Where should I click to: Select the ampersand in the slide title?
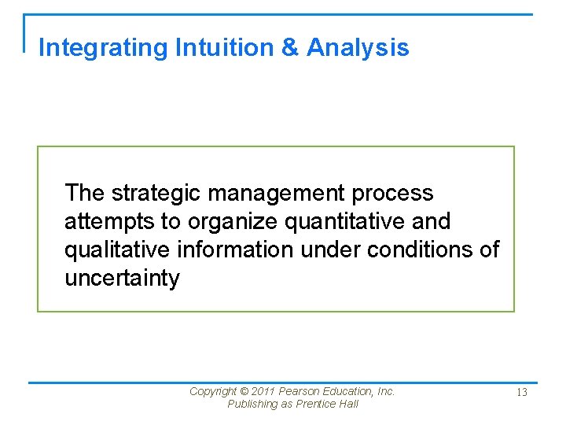point(290,48)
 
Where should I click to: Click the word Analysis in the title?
point(358,48)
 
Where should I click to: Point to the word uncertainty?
point(122,279)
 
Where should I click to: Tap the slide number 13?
point(521,392)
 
